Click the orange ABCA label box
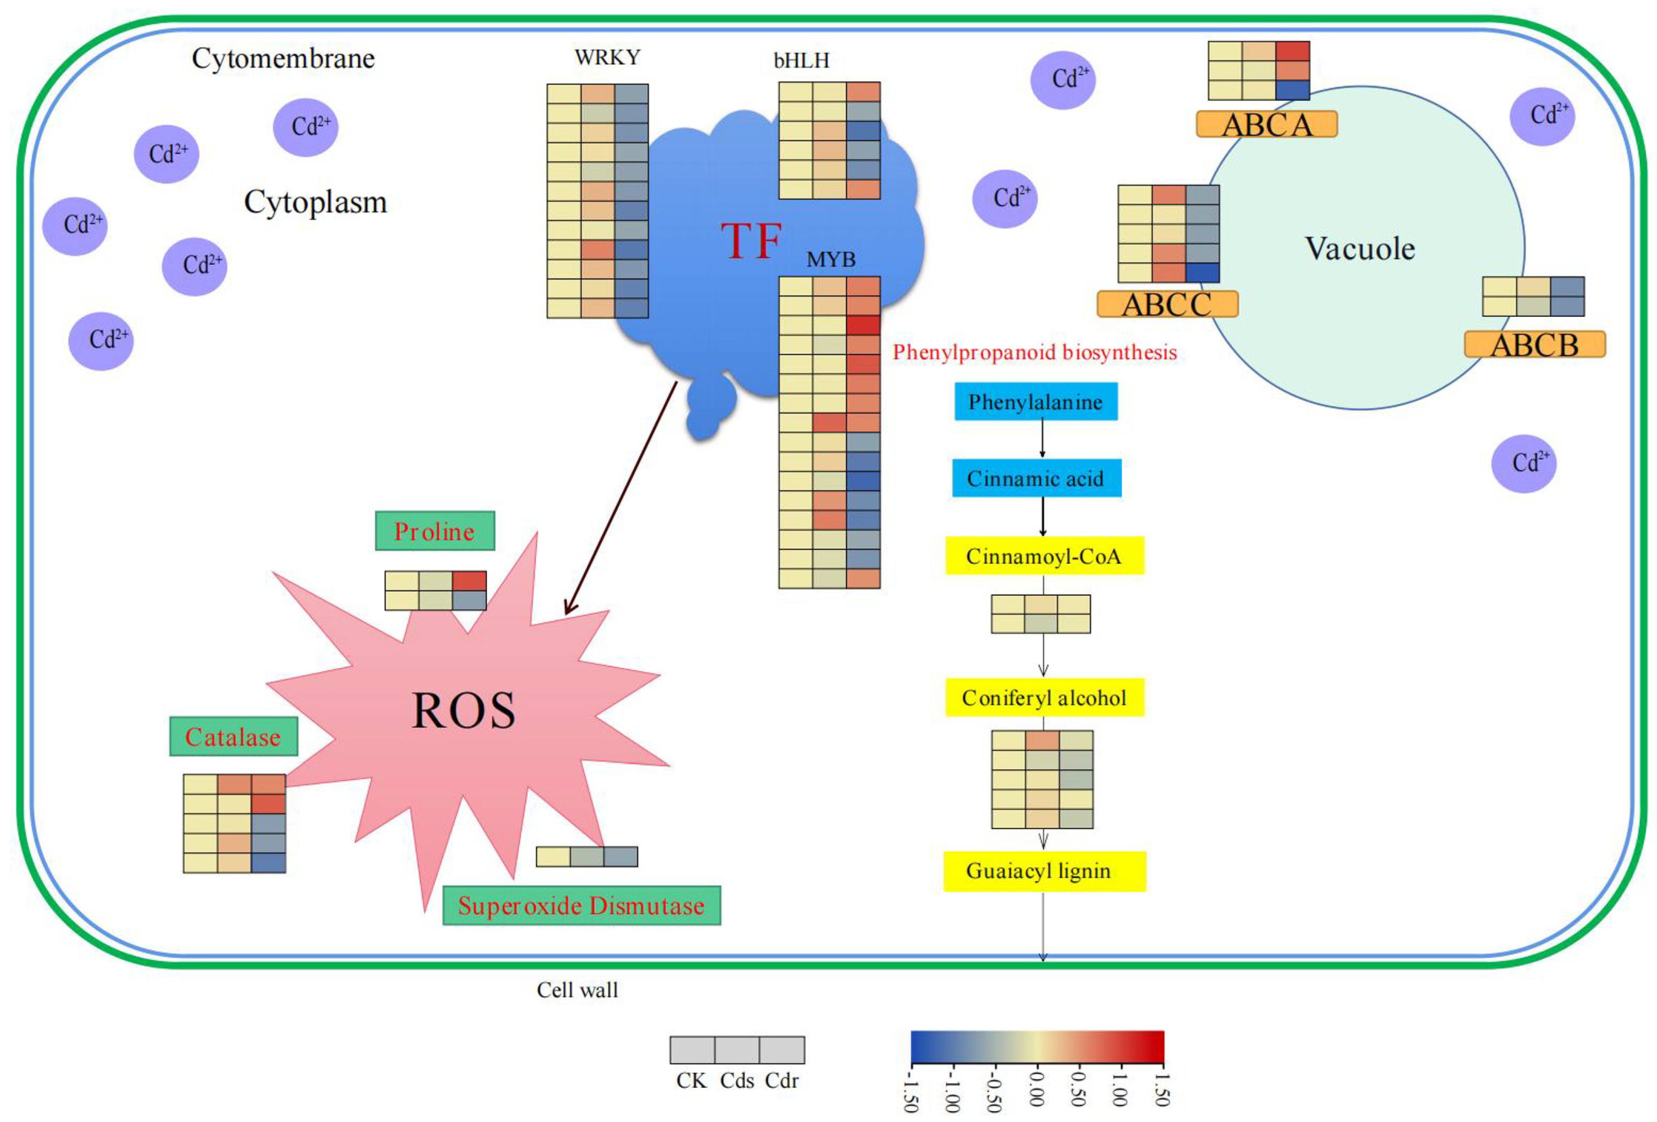pyautogui.click(x=1266, y=125)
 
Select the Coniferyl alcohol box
pyautogui.click(x=1044, y=698)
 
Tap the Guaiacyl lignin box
pyautogui.click(x=1044, y=871)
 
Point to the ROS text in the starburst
pyautogui.click(x=463, y=711)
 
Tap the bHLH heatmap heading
pyautogui.click(x=802, y=61)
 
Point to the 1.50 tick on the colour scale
pyautogui.click(x=1161, y=1089)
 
